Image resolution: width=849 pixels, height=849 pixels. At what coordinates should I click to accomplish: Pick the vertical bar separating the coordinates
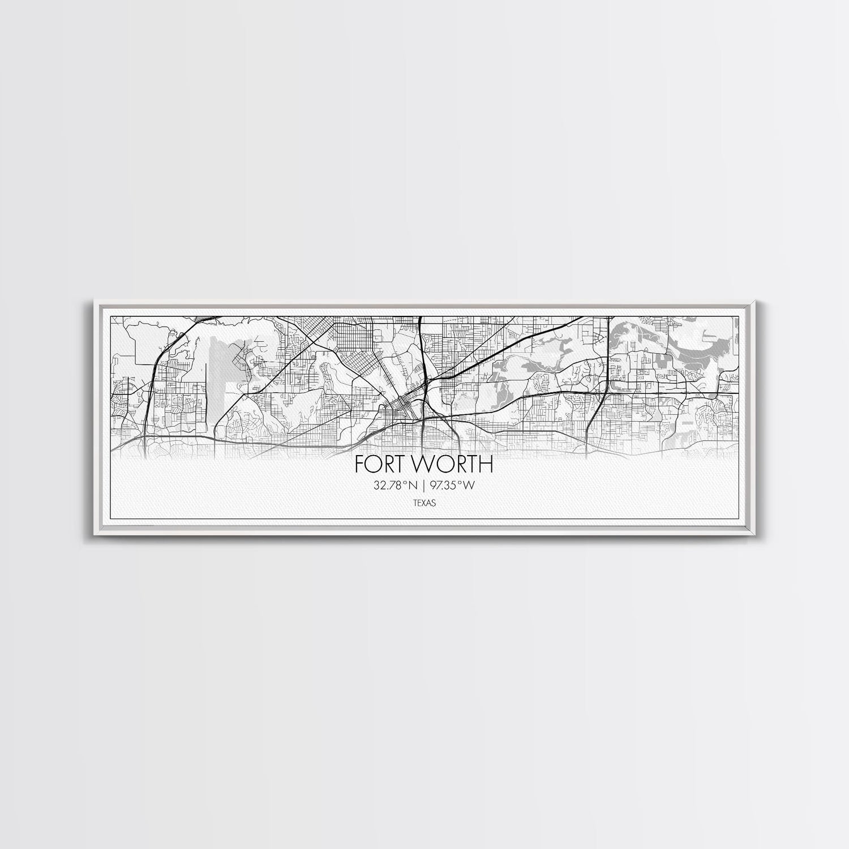point(425,485)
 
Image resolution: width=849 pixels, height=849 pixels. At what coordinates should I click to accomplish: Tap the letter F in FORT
point(359,464)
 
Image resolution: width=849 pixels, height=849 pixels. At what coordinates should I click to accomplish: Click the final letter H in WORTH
point(486,464)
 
